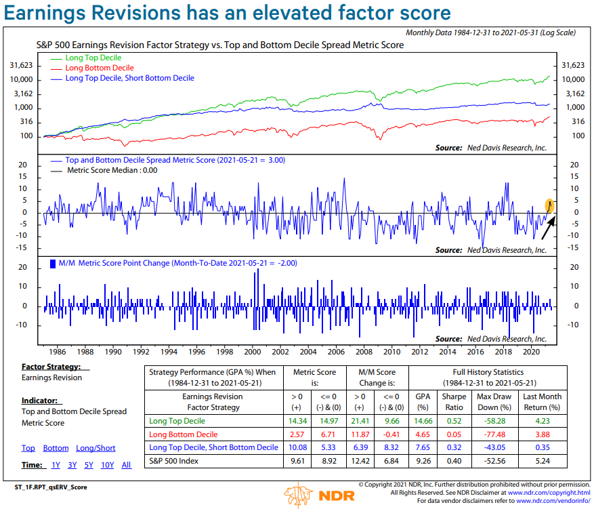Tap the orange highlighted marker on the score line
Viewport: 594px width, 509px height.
pos(551,204)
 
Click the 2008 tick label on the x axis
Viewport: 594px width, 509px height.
pos(364,352)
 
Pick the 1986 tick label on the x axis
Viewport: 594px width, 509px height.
pos(57,352)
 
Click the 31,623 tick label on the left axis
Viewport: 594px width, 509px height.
pos(24,66)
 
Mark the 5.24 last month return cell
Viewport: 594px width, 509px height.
pos(543,460)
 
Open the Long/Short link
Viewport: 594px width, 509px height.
pos(96,448)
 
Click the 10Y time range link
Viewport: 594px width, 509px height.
pos(107,465)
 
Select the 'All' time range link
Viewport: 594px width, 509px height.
pos(127,465)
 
